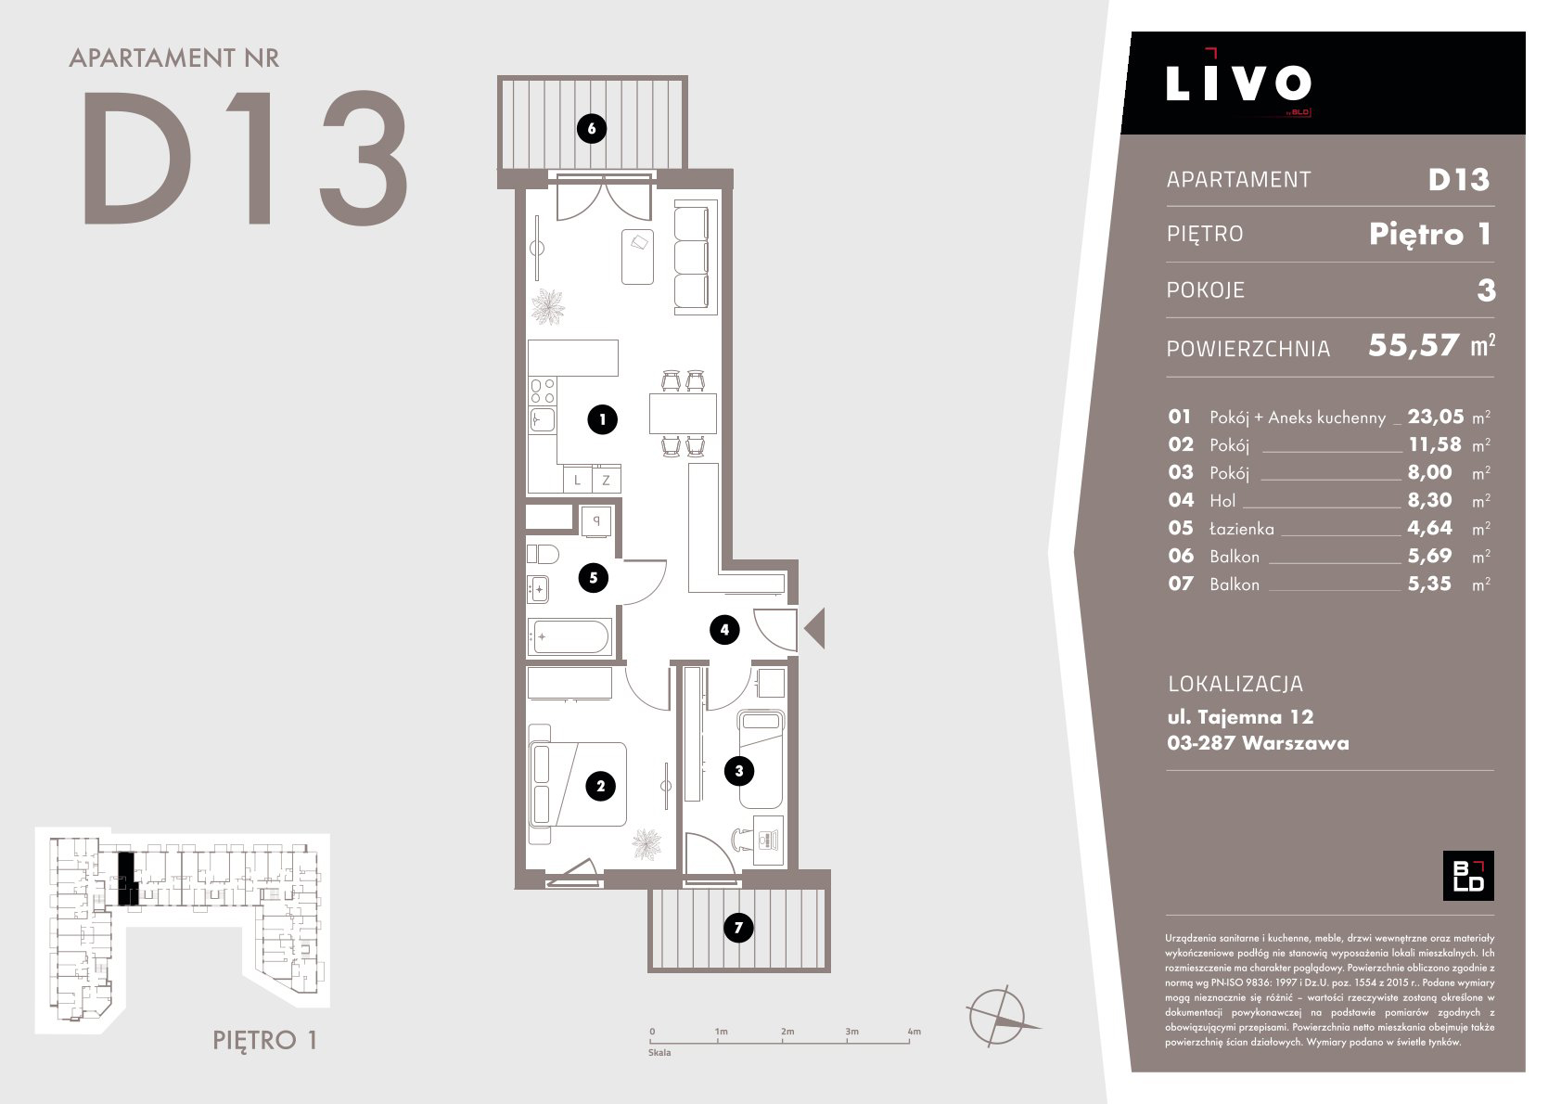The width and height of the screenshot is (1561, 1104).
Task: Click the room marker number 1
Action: click(x=602, y=419)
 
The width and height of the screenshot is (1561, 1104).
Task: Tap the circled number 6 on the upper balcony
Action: click(x=592, y=128)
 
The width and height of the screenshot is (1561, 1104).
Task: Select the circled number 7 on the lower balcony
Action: click(x=738, y=928)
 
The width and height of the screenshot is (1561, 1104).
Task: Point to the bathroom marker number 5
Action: click(x=593, y=578)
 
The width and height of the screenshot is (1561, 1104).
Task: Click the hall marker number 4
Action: click(x=724, y=630)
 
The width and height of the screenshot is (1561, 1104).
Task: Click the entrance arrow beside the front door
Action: click(x=816, y=628)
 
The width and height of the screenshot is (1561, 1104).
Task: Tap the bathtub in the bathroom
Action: click(x=570, y=636)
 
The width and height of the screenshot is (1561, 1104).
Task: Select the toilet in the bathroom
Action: click(x=543, y=554)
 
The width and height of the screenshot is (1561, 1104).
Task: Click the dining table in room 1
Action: click(x=683, y=413)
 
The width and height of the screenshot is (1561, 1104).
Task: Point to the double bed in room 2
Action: click(x=579, y=785)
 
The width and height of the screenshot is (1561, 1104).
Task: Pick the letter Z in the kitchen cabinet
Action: click(x=607, y=481)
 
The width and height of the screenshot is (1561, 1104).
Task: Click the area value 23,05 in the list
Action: click(x=1436, y=417)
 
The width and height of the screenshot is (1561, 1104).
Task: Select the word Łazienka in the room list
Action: click(x=1242, y=529)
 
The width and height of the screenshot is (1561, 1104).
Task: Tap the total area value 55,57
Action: click(x=1414, y=345)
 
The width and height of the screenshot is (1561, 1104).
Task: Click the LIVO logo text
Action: click(x=1238, y=83)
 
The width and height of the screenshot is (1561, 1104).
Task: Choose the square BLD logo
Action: click(x=1468, y=876)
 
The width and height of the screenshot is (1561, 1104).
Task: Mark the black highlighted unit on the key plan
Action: click(x=127, y=879)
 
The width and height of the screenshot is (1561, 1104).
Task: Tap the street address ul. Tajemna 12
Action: click(x=1240, y=717)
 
